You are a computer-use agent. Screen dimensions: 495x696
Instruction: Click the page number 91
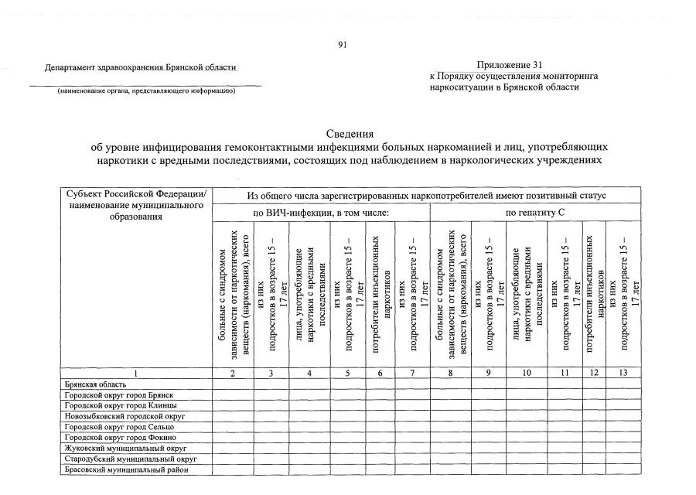[x=343, y=44]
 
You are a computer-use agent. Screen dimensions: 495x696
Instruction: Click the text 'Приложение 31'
[x=510, y=64]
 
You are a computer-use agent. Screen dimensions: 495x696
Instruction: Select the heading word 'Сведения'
[x=349, y=134]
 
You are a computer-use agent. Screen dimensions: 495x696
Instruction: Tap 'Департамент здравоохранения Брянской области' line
[x=140, y=68]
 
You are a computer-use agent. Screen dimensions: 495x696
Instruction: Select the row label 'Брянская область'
[x=91, y=384]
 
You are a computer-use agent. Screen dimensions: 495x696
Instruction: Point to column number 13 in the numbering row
[x=624, y=373]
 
